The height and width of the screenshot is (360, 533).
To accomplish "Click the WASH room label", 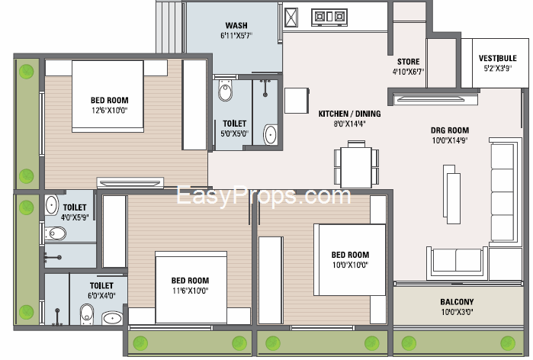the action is click(x=236, y=25).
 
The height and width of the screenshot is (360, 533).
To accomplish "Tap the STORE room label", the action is click(x=408, y=62).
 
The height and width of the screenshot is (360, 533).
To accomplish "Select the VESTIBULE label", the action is click(x=498, y=58).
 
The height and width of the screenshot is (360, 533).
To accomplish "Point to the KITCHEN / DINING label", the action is click(x=349, y=114).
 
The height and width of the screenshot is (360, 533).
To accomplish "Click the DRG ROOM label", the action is click(x=450, y=130).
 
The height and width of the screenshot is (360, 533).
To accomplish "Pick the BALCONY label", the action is click(x=457, y=302).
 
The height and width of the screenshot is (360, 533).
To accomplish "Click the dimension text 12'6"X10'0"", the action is click(x=110, y=110).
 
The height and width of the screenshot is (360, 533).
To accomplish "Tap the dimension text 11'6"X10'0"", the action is click(x=190, y=291).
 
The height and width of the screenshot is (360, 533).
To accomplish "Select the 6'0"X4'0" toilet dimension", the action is click(x=101, y=296).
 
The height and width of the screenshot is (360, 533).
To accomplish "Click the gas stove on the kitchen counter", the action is click(x=329, y=17).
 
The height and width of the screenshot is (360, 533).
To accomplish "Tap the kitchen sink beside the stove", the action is click(x=291, y=18).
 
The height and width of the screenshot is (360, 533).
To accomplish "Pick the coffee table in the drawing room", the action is click(x=451, y=194).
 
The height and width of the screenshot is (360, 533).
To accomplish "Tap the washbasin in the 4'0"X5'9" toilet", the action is click(x=51, y=204).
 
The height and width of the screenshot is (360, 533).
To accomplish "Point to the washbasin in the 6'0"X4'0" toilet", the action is click(x=113, y=318).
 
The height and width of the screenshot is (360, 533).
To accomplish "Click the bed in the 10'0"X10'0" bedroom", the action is click(x=350, y=260).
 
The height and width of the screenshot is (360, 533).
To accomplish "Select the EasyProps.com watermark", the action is click(x=263, y=196).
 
